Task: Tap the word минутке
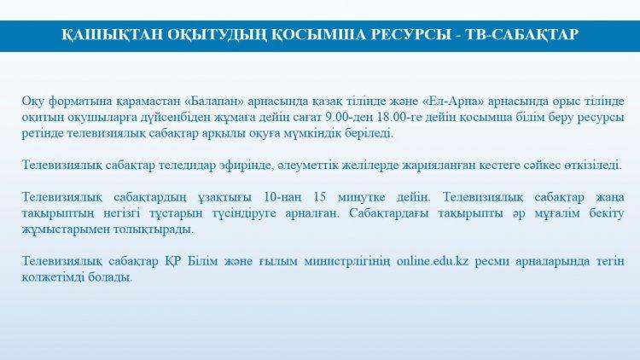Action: pyautogui.click(x=361, y=198)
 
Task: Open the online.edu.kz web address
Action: pyautogui.click(x=433, y=261)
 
